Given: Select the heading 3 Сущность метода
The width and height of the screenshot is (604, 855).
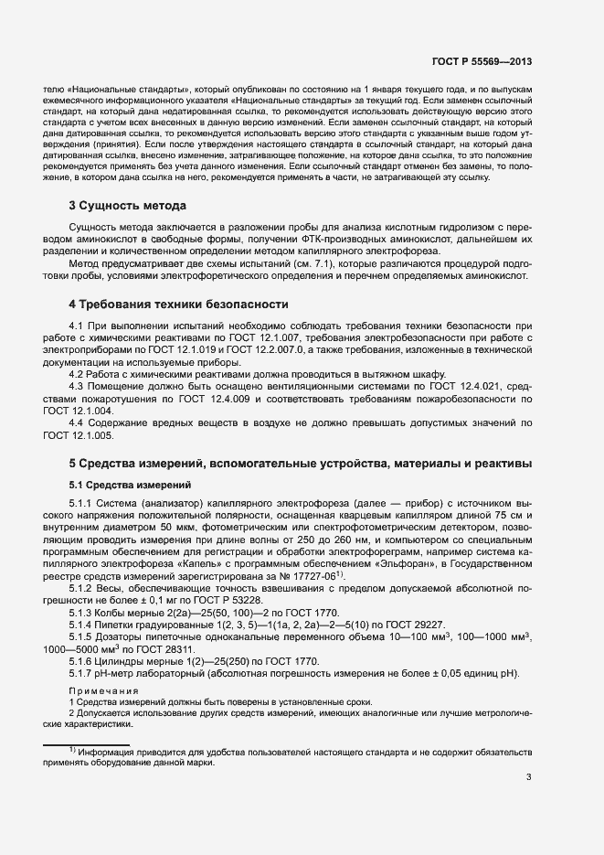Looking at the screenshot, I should click(127, 205).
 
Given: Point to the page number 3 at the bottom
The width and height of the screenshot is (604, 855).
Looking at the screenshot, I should click(529, 778).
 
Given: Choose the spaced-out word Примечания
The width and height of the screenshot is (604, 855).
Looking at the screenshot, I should click(103, 690).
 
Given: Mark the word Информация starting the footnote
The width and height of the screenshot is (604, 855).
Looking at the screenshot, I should click(106, 753).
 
